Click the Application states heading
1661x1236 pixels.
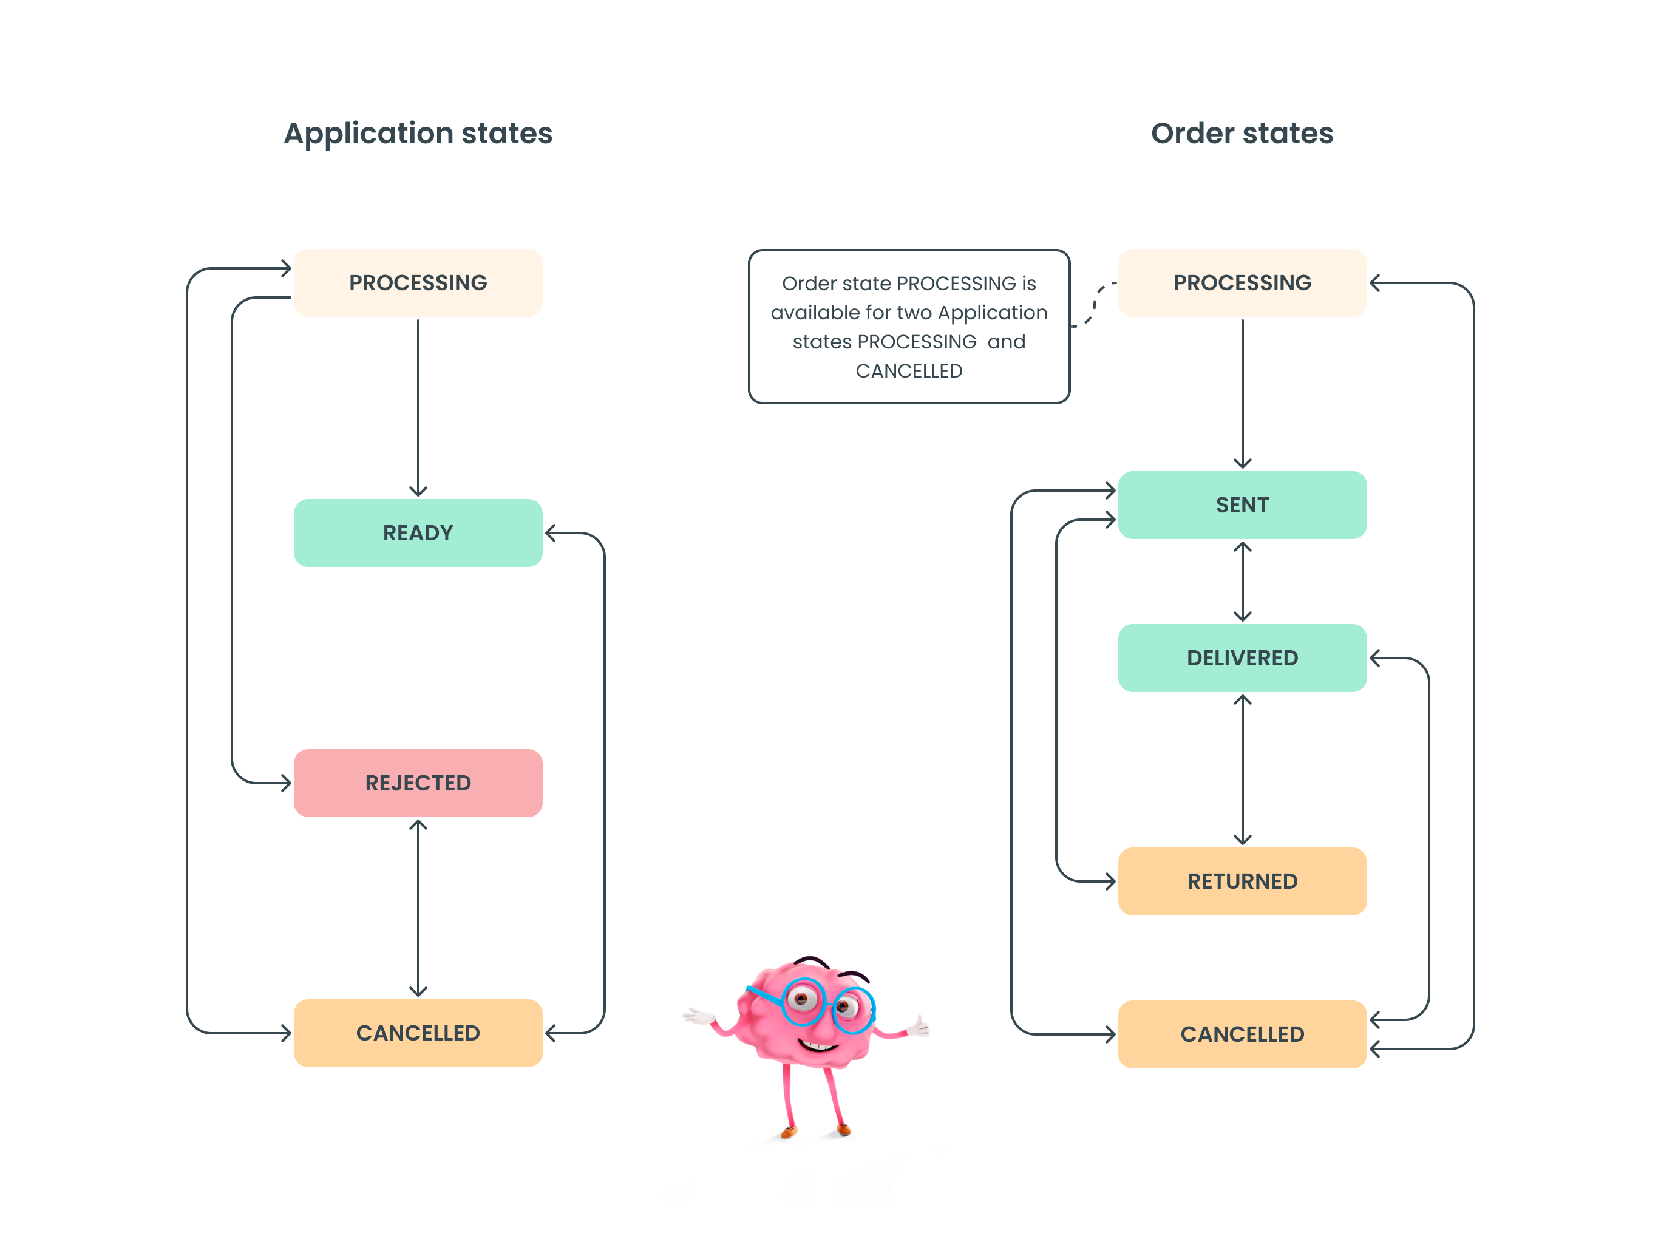418,133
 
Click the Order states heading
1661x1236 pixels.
1242,133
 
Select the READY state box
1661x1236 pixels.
418,533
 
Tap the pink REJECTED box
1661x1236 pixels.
418,783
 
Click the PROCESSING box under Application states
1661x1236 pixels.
418,283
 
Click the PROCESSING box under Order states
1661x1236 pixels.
1242,283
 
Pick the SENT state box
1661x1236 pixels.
1242,505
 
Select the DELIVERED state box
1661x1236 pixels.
1242,657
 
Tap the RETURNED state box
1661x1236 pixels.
1242,881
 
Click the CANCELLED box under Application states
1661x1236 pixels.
418,1033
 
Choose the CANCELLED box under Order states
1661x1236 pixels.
1242,1034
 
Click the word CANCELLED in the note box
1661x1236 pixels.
908,371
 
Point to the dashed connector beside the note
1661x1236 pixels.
1093,305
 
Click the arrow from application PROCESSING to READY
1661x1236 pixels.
418,408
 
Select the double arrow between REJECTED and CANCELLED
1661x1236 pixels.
418,908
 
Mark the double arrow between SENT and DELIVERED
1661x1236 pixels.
1242,582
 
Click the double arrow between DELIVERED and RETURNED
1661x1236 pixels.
1242,769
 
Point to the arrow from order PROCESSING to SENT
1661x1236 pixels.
1242,393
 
